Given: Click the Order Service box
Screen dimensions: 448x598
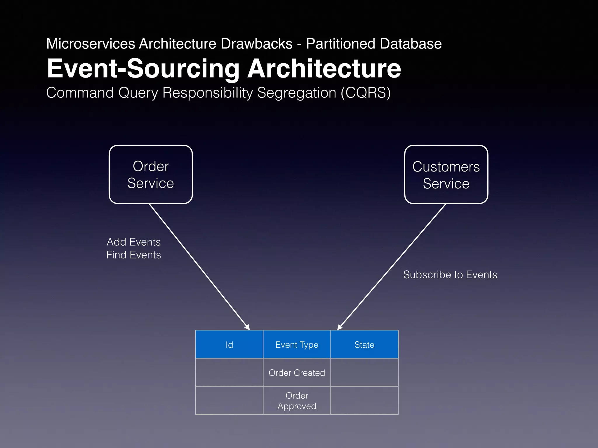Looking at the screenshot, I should [151, 174].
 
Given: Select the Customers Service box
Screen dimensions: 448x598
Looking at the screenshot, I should [446, 174].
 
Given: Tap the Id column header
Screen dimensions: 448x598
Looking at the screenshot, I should [229, 344].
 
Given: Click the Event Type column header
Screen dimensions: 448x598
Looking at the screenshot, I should [297, 344].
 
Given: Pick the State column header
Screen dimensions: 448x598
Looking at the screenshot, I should [364, 344].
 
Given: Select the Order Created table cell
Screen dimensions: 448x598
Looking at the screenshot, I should [297, 372].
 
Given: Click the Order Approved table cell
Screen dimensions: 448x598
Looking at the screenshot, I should [297, 400].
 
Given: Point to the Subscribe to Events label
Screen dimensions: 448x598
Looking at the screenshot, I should [450, 275].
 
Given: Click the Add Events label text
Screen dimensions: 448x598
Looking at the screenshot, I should [134, 242].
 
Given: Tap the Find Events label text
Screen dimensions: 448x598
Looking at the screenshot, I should [134, 255].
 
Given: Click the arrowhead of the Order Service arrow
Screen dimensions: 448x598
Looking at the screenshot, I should [248, 328].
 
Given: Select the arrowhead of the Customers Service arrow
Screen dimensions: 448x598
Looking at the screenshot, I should [340, 328].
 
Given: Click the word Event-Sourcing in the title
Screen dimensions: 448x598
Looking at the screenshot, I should [143, 69].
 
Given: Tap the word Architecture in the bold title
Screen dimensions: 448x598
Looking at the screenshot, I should [324, 69].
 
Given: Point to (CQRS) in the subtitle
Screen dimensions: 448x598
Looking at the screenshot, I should [366, 93].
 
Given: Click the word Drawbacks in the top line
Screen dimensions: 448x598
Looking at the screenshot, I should [256, 44].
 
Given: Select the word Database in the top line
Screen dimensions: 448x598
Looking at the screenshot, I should [411, 44].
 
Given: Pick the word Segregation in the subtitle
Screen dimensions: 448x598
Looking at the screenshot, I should [297, 93].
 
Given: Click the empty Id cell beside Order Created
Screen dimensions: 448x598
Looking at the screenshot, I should [229, 372].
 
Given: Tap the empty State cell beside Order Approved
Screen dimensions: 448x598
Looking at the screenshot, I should [364, 400].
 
